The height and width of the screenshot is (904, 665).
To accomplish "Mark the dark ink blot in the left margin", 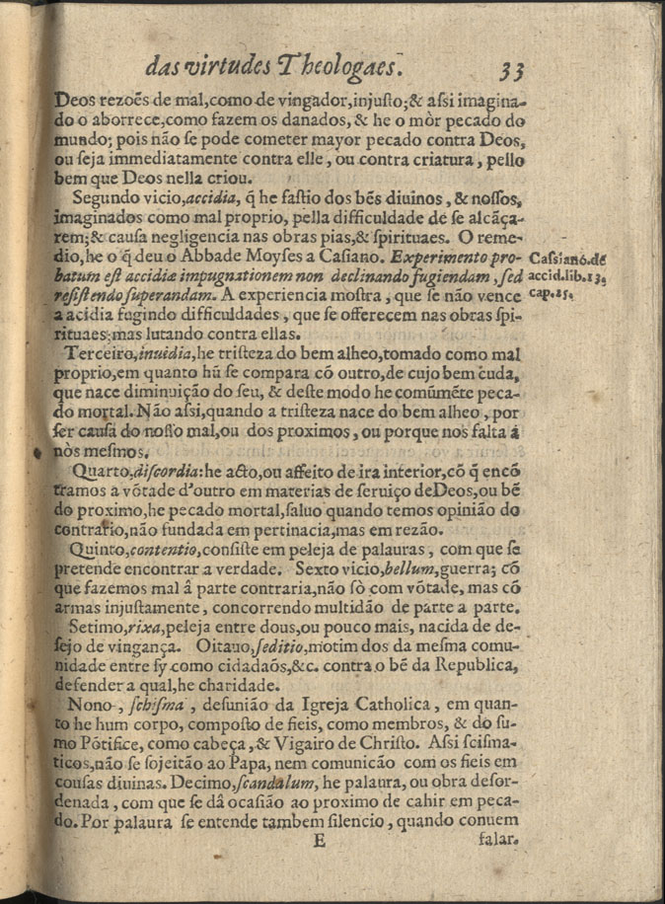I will pos(38,453).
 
